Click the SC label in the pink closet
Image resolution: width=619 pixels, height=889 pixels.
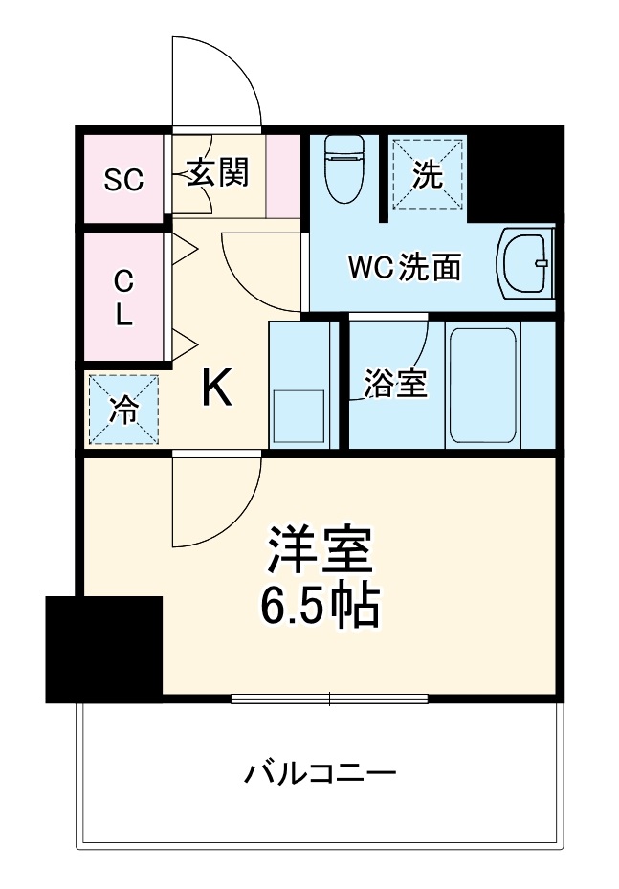123,179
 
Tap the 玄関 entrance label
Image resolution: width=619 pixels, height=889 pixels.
217,173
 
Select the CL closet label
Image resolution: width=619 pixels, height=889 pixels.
123,300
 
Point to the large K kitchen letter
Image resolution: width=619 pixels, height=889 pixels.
218,389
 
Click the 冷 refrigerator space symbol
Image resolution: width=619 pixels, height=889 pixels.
124,410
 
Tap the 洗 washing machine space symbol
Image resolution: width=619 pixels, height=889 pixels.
428,174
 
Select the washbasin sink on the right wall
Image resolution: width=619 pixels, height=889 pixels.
525,265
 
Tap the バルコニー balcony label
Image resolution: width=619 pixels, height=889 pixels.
320,772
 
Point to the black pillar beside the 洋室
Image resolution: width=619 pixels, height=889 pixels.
103,649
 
